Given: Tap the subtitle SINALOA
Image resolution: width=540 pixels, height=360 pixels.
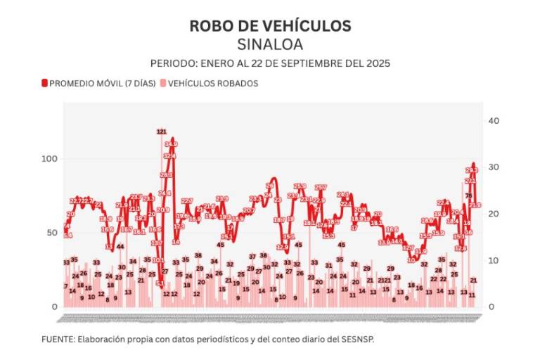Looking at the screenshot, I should coord(270,44).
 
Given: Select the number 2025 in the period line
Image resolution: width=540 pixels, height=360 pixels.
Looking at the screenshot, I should coord(376,63).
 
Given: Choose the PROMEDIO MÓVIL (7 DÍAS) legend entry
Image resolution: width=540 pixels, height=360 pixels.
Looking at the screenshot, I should coord(98,83).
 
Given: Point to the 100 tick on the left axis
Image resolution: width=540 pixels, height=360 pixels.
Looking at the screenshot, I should coord(50,159).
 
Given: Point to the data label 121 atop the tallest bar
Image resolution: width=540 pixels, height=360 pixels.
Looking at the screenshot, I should coord(161,131).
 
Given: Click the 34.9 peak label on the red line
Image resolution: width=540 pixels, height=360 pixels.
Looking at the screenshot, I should coord(171,144).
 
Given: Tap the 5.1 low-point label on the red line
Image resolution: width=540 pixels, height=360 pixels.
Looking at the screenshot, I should coord(160,283).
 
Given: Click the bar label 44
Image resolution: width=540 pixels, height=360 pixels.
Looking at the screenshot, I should coord(121,246).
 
